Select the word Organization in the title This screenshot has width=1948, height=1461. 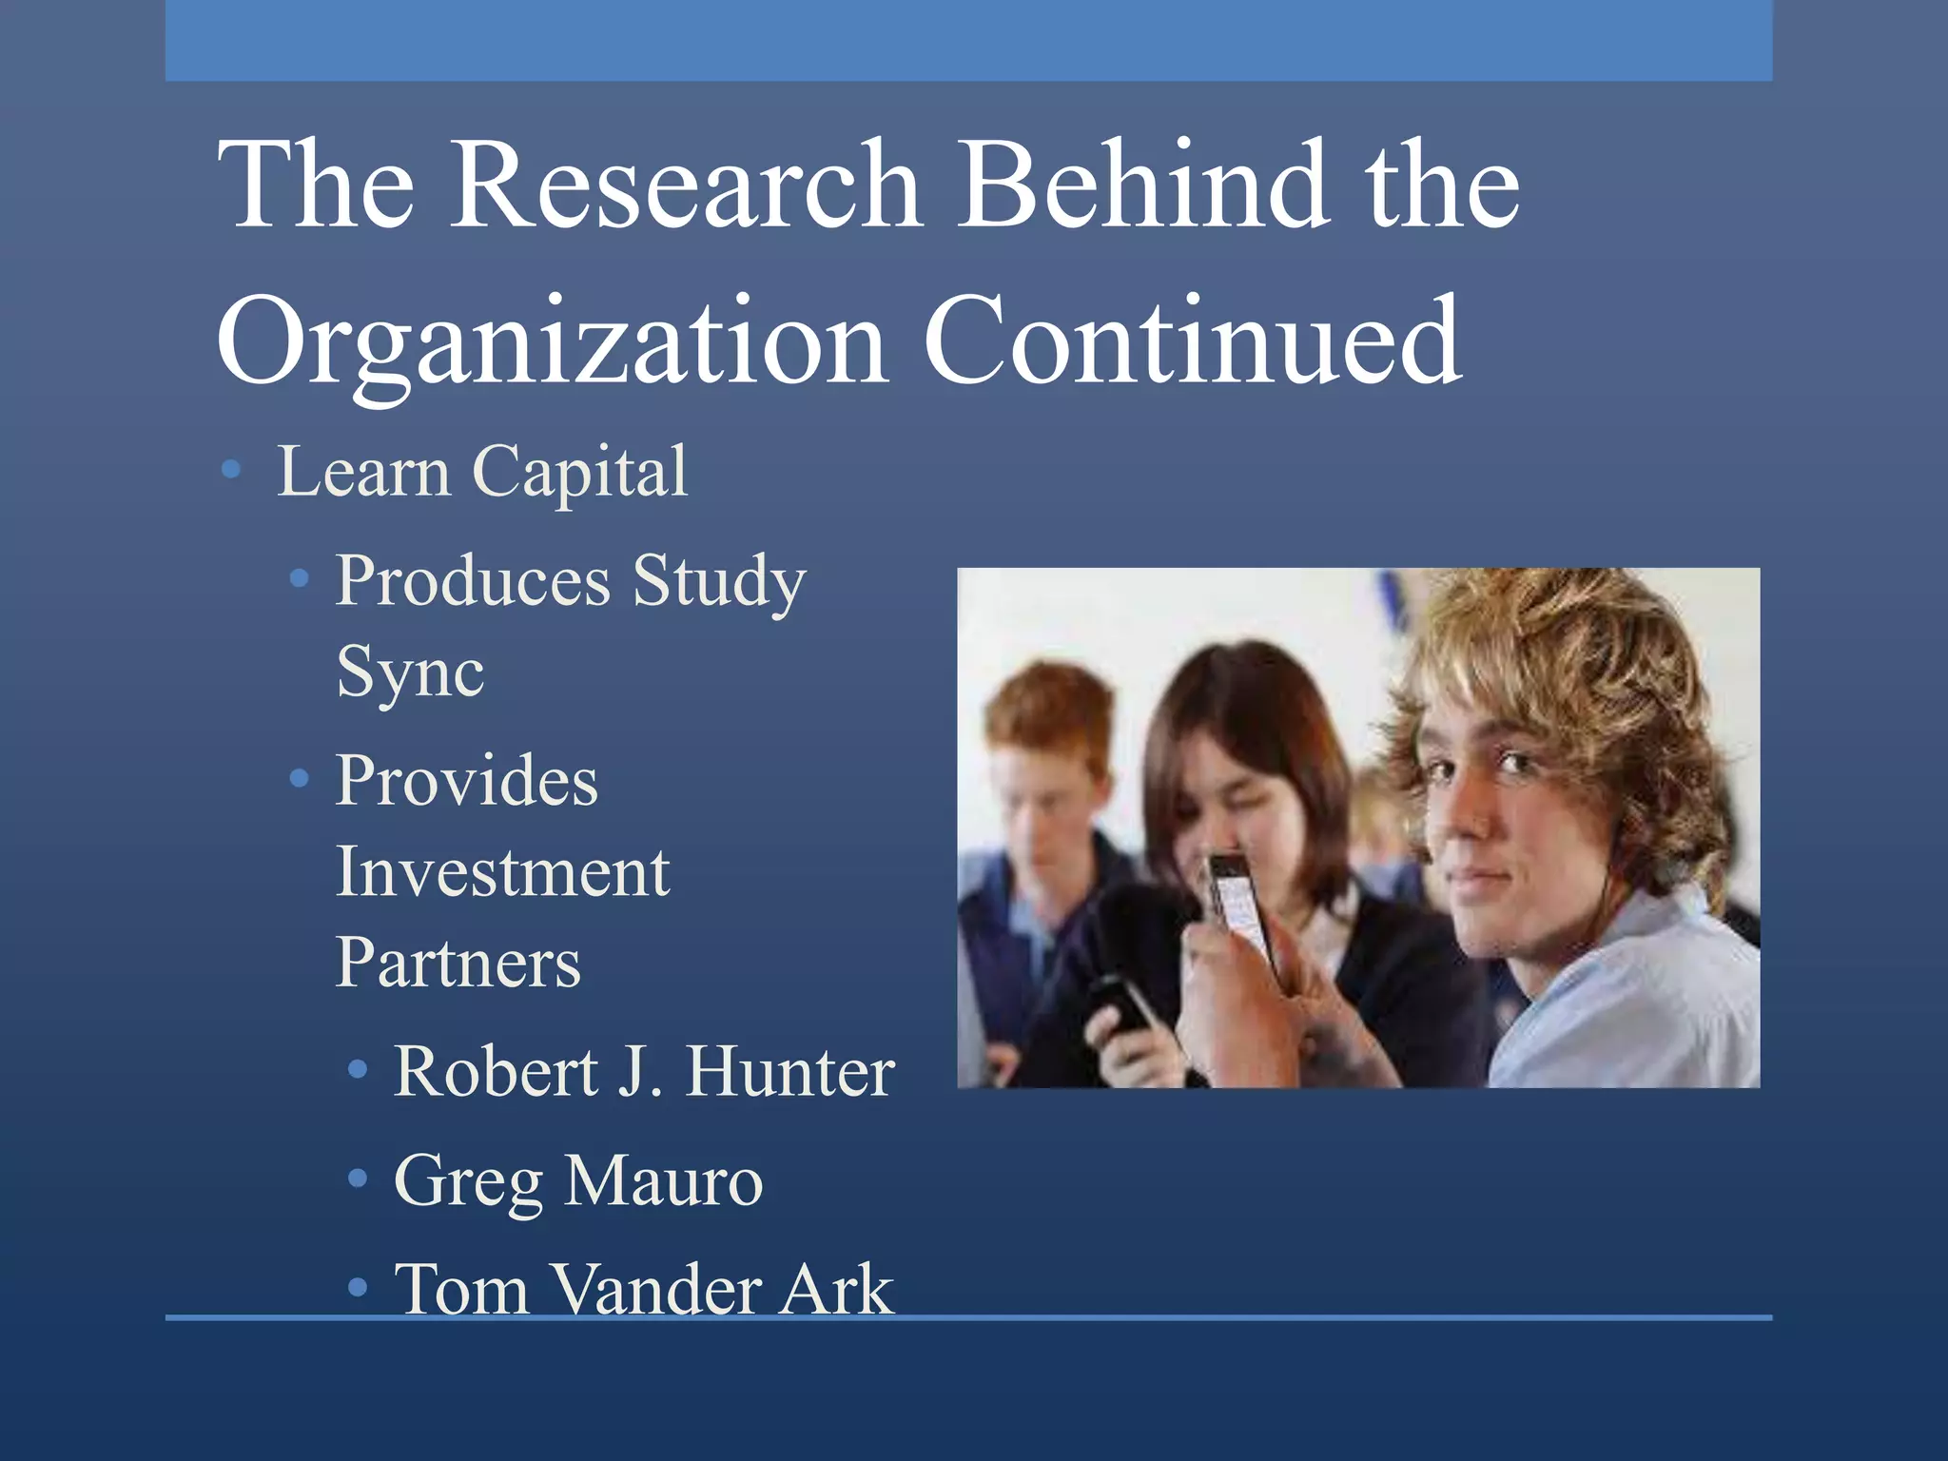552,342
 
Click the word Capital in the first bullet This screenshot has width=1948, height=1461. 579,472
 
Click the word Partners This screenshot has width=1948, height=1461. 458,963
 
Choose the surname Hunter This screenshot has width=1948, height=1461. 790,1072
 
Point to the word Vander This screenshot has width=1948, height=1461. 655,1290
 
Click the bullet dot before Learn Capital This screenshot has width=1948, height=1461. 230,469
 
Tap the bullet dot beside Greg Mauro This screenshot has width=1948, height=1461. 358,1179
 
